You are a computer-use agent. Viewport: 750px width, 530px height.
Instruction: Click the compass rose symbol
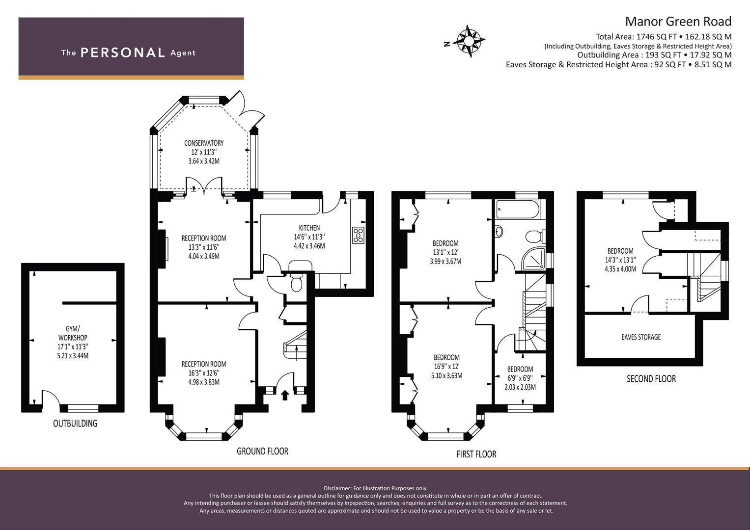(x=469, y=41)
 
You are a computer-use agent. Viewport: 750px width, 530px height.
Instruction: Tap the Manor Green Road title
(x=678, y=22)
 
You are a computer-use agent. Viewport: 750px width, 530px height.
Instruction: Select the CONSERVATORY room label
(x=204, y=143)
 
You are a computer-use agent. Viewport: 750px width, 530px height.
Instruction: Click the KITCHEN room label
(x=309, y=228)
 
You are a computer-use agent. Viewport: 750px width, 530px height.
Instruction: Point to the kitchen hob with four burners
(x=358, y=235)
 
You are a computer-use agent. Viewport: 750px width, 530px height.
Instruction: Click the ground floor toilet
(x=296, y=283)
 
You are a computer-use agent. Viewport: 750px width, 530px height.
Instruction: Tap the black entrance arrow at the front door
(x=285, y=395)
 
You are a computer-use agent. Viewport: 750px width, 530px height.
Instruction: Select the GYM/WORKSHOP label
(x=73, y=333)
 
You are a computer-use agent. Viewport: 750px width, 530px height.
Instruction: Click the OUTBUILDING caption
(x=75, y=423)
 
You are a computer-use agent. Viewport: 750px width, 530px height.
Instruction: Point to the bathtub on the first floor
(x=518, y=209)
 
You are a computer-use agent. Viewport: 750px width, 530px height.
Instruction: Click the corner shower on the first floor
(x=533, y=258)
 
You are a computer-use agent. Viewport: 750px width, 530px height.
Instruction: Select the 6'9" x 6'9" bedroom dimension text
(x=520, y=378)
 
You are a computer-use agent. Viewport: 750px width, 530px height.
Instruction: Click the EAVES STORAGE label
(x=641, y=337)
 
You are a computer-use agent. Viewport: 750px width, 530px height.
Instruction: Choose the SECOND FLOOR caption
(x=651, y=379)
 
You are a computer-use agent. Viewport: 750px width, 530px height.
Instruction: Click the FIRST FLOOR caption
(x=476, y=454)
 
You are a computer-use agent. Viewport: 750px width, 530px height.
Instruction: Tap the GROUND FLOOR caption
(x=262, y=451)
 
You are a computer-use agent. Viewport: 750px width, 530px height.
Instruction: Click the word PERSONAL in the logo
(x=123, y=53)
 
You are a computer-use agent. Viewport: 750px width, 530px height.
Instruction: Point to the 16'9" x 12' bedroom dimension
(x=446, y=367)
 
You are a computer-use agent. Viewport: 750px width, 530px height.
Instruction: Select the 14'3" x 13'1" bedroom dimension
(x=620, y=260)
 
